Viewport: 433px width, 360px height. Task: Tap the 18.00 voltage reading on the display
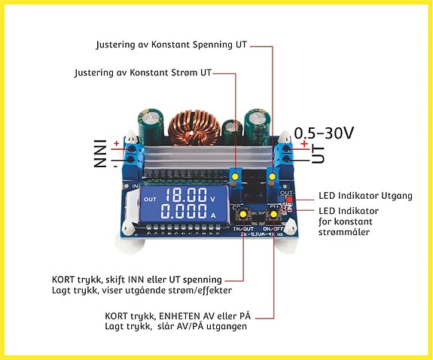(186, 194)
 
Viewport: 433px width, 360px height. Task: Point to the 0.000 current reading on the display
(184, 212)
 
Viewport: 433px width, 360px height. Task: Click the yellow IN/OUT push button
(243, 215)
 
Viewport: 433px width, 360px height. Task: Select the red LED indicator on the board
(289, 199)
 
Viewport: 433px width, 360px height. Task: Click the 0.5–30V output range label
(324, 133)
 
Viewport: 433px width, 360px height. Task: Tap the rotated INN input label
(100, 154)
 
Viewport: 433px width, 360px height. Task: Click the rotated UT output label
(318, 154)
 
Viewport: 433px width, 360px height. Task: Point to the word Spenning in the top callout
(212, 45)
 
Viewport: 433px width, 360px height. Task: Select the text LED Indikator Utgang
(365, 196)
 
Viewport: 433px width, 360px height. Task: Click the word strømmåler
(344, 232)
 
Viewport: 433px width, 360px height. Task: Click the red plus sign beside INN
(117, 143)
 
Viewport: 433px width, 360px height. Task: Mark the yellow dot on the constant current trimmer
(235, 176)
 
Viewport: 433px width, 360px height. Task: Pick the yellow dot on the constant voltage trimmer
(273, 176)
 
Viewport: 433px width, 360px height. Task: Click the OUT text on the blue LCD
(150, 199)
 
